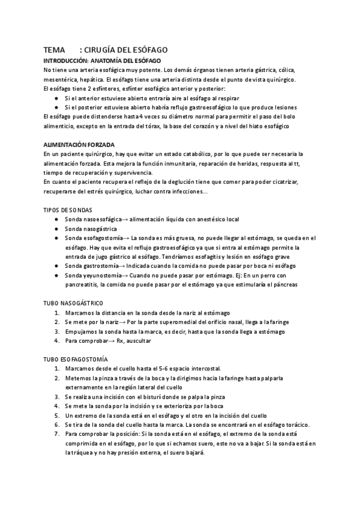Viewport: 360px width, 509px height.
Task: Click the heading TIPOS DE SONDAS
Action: click(x=68, y=210)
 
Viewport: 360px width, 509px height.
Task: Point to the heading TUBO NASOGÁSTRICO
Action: click(x=74, y=304)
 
